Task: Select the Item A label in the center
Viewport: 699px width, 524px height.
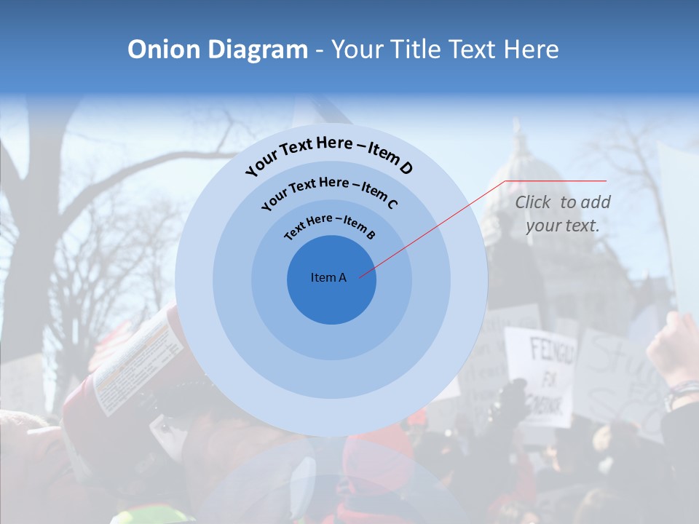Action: pyautogui.click(x=328, y=277)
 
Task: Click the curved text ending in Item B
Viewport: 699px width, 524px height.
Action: pyautogui.click(x=329, y=226)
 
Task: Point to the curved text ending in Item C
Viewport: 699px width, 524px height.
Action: pyautogui.click(x=329, y=191)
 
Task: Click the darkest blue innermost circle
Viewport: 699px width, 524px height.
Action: pyautogui.click(x=331, y=298)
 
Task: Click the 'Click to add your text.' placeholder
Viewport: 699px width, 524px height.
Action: pyautogui.click(x=562, y=214)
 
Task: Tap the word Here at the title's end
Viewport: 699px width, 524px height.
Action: pyautogui.click(x=534, y=49)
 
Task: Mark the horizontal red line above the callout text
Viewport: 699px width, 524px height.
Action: pyautogui.click(x=556, y=180)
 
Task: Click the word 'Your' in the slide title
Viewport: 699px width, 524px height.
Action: pyautogui.click(x=359, y=49)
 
